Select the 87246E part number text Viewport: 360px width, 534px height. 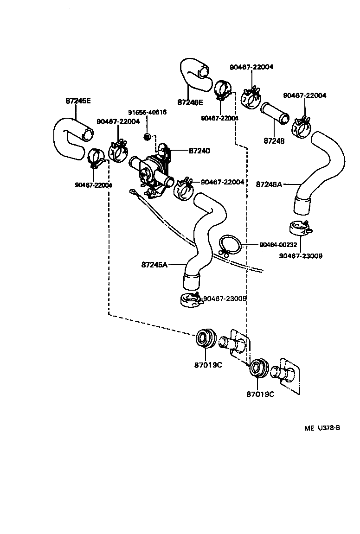coord(190,102)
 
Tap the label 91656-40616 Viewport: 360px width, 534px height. coord(147,112)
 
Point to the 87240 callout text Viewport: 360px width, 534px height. coord(199,151)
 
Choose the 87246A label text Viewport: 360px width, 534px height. coord(269,184)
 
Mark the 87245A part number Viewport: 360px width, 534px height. coord(154,265)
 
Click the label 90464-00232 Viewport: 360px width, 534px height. coord(278,244)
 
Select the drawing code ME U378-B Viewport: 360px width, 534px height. coord(322,428)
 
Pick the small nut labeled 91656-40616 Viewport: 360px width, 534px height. coord(147,137)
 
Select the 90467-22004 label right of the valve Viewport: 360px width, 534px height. coord(223,182)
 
